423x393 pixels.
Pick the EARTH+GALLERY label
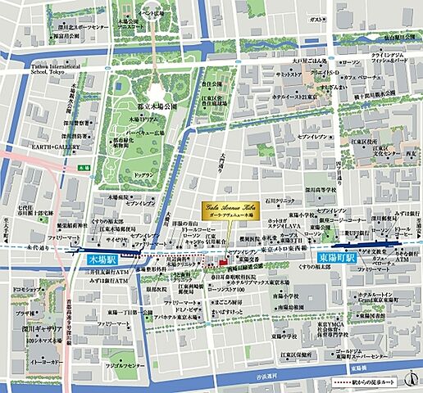[x=53, y=147]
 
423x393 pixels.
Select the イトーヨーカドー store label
[x=47, y=363]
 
